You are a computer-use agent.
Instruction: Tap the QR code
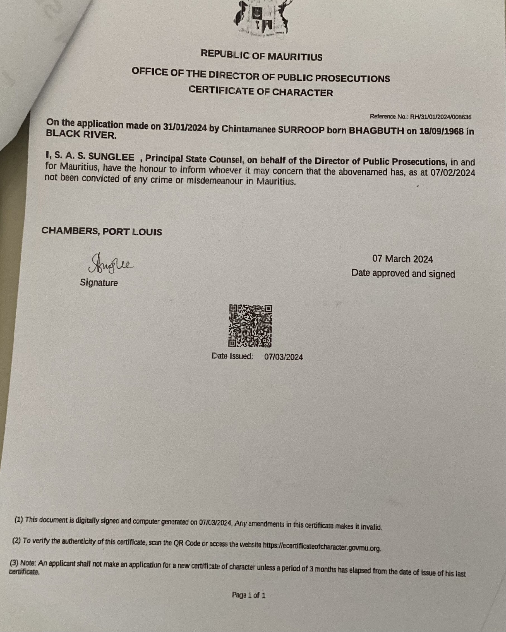(x=250, y=326)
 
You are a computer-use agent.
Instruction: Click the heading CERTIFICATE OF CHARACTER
(x=261, y=91)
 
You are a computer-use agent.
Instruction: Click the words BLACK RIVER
(x=81, y=134)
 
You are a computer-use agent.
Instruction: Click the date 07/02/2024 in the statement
(x=453, y=173)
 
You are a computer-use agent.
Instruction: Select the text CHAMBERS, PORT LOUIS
(x=101, y=231)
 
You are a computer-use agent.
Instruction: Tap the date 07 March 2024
(x=402, y=259)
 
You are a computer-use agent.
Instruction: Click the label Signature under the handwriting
(x=99, y=283)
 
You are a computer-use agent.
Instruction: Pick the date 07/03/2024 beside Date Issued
(x=284, y=357)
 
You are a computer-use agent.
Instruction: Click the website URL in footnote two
(x=322, y=546)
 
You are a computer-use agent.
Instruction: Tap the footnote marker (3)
(x=14, y=563)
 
